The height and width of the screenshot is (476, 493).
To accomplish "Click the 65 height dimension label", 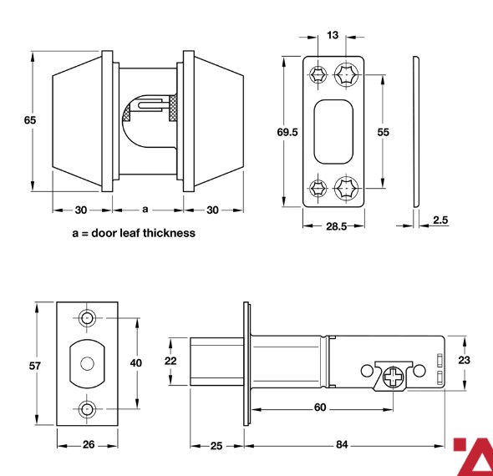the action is [30, 120].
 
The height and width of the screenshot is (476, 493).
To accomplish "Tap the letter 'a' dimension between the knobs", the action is [145, 210].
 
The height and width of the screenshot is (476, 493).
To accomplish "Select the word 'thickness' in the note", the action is [169, 233].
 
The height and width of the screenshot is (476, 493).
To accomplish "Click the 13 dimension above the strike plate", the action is [333, 35].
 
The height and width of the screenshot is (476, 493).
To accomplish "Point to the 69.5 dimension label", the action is [287, 132].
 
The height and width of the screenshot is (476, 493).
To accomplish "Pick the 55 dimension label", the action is [383, 132].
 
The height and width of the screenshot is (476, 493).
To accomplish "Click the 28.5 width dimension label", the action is [336, 226].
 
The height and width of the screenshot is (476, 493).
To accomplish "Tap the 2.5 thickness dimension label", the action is [440, 220].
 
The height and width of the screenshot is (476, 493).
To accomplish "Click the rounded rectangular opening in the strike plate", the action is [333, 132].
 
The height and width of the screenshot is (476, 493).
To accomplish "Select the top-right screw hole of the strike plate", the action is [346, 75].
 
